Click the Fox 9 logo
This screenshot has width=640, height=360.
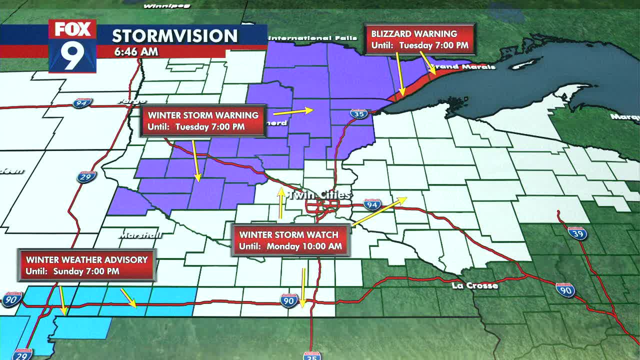click(x=72, y=46)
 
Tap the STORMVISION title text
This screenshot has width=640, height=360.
click(x=174, y=36)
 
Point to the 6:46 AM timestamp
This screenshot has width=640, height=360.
click(x=136, y=51)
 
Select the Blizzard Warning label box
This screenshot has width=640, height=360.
click(x=419, y=39)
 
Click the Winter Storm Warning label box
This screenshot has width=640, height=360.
click(x=203, y=120)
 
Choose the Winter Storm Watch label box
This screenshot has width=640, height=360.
click(x=290, y=240)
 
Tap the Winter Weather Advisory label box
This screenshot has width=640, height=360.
click(x=86, y=265)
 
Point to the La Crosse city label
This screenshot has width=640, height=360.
click(x=474, y=285)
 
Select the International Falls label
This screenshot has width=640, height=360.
click(x=313, y=38)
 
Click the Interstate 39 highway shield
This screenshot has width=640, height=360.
click(x=577, y=233)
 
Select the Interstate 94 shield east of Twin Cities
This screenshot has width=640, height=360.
click(x=371, y=204)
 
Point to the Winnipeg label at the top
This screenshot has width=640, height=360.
click(x=159, y=6)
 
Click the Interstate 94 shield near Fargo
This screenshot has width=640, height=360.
click(x=81, y=103)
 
